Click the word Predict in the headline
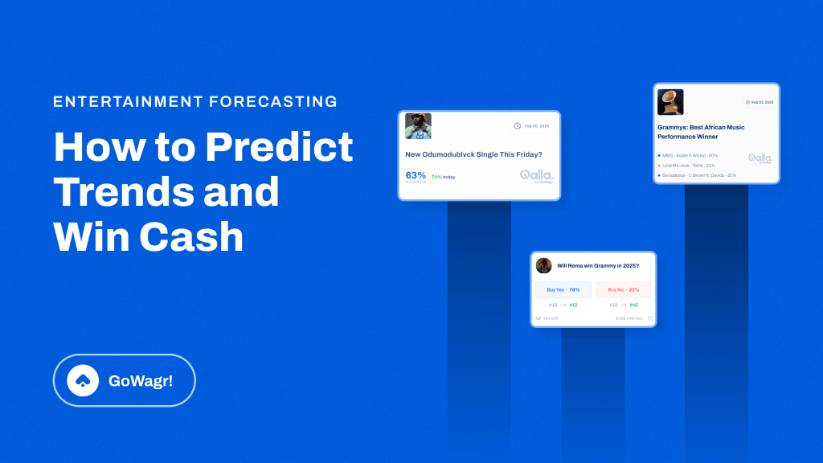279,147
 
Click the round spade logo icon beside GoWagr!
83,380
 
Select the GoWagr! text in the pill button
141,380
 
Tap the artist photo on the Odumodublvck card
418,126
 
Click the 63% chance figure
416,175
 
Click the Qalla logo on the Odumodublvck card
536,176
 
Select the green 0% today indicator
443,177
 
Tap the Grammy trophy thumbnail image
670,102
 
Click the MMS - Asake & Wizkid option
689,155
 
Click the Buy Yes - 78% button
563,289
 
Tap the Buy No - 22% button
624,289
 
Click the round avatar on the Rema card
544,265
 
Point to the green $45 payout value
634,305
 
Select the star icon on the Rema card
650,318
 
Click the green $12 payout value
573,305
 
